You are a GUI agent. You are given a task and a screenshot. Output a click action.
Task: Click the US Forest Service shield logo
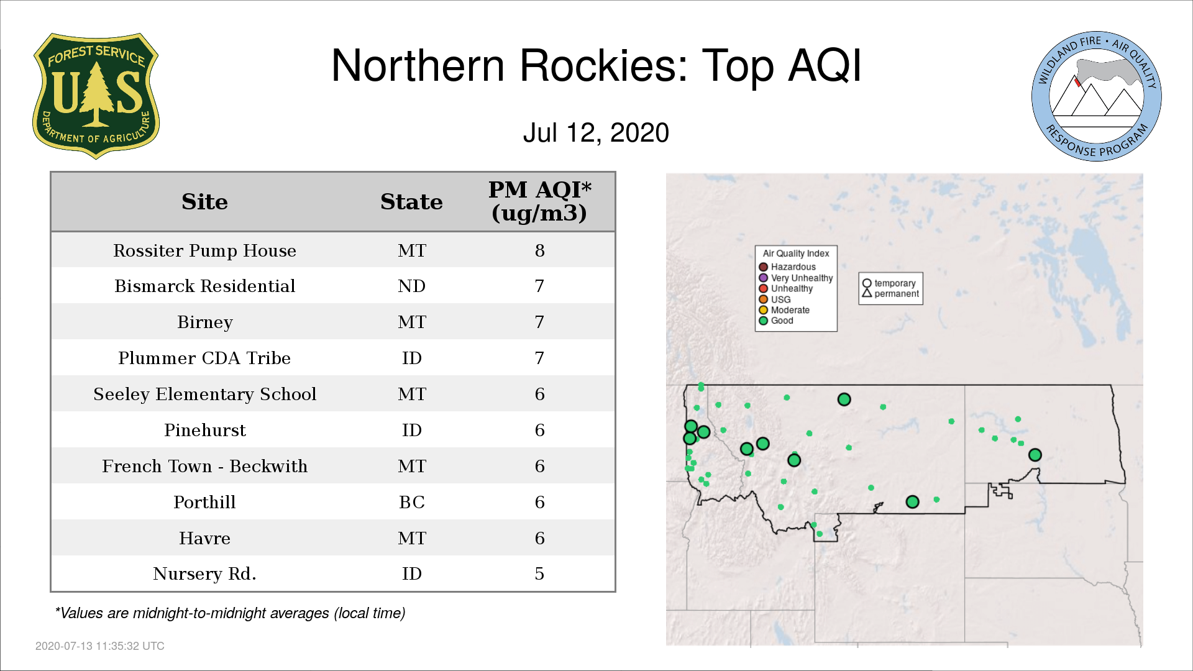click(x=96, y=96)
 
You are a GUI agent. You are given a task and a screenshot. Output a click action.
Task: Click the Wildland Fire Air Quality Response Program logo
click(x=1097, y=96)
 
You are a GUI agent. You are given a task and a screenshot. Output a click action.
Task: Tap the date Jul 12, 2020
click(x=596, y=133)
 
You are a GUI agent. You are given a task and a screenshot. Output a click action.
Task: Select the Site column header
click(x=204, y=202)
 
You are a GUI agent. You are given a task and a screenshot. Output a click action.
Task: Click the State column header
click(x=411, y=202)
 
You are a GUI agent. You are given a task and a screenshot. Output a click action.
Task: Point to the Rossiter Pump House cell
click(x=204, y=250)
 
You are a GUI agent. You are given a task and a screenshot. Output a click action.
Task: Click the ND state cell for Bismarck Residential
click(x=411, y=286)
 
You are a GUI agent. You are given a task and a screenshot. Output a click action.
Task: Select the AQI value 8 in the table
click(x=539, y=250)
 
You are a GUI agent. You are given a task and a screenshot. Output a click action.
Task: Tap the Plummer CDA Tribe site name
click(x=204, y=358)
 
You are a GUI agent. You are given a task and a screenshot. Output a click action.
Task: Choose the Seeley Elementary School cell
click(x=204, y=394)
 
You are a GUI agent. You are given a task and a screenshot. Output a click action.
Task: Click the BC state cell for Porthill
click(x=411, y=502)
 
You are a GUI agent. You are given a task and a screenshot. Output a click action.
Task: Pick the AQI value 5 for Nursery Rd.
click(x=539, y=573)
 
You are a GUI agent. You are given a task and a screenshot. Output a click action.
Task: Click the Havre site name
click(x=204, y=538)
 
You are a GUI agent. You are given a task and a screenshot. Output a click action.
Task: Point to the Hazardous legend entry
click(x=787, y=267)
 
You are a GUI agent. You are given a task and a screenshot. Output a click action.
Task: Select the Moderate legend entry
click(x=784, y=310)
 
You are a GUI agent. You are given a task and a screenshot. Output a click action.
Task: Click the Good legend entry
click(x=776, y=321)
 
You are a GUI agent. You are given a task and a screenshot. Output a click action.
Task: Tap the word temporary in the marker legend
click(x=895, y=283)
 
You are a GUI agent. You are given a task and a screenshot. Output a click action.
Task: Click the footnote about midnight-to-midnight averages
click(x=230, y=613)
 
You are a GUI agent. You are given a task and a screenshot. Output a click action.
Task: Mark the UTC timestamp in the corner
click(x=100, y=646)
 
